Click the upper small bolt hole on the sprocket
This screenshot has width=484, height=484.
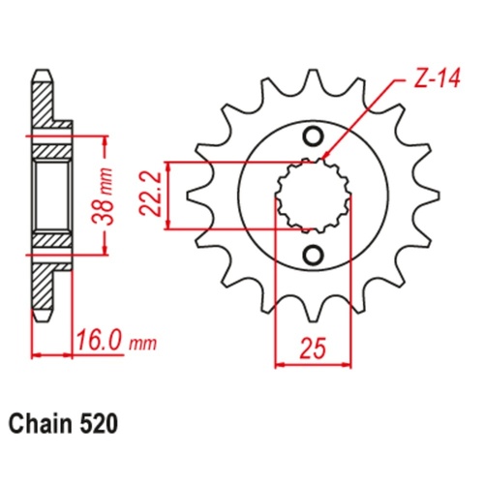(312, 135)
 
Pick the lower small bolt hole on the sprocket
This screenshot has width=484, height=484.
(312, 254)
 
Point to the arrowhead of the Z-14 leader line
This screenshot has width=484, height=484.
(325, 157)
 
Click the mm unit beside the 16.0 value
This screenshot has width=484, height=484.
(141, 344)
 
